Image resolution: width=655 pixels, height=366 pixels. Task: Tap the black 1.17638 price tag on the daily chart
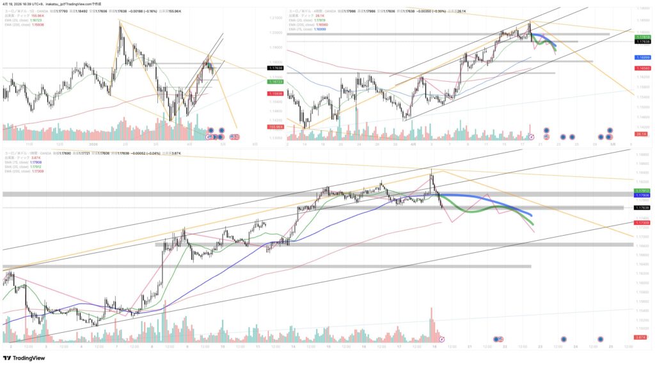point(276,68)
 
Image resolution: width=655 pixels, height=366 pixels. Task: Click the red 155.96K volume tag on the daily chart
point(276,127)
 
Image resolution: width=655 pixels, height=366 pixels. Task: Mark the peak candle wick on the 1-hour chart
point(432,169)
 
